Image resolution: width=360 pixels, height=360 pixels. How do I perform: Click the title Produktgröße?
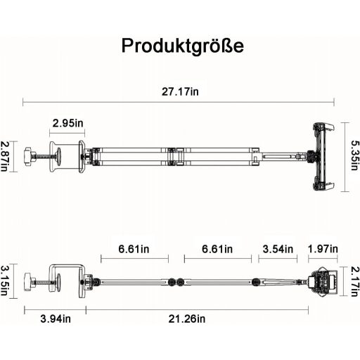[183, 46]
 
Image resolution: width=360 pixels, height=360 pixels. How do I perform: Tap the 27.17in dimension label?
[180, 91]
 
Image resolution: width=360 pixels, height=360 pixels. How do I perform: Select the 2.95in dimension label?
[67, 123]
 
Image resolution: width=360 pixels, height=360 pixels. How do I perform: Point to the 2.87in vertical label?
[4, 156]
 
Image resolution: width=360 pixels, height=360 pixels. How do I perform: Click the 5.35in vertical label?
[355, 155]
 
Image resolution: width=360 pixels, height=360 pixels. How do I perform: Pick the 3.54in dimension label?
[278, 249]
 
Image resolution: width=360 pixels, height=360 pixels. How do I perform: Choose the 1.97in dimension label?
[323, 249]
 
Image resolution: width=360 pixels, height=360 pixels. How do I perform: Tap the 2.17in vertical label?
[355, 282]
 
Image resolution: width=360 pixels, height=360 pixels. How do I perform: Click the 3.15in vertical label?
[4, 281]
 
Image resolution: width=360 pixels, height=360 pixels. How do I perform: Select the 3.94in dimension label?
[56, 319]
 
